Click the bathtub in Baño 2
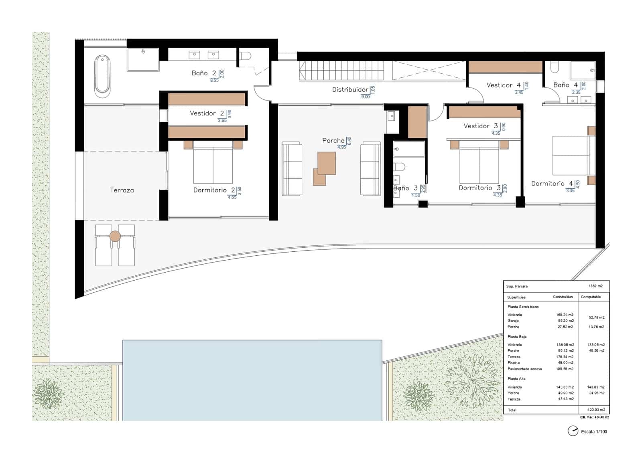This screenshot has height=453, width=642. click(x=102, y=76)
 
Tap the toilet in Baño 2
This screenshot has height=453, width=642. click(x=245, y=56)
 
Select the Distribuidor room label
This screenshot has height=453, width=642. click(x=350, y=89)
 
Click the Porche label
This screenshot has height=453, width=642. click(x=333, y=140)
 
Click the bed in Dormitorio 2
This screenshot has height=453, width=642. click(x=213, y=164)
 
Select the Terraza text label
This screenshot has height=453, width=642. click(x=122, y=190)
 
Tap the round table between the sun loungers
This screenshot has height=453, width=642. click(x=115, y=236)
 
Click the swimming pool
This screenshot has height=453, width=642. click(x=252, y=380)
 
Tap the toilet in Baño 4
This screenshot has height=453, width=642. click(x=555, y=67)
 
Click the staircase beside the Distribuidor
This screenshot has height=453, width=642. click(x=341, y=71)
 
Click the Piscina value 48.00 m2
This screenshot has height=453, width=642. click(x=565, y=362)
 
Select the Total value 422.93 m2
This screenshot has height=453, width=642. click(x=596, y=410)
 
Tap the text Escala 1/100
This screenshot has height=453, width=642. click(x=594, y=431)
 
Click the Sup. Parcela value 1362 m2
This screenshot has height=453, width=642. click(x=595, y=286)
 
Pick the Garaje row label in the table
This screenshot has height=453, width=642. click(x=513, y=321)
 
